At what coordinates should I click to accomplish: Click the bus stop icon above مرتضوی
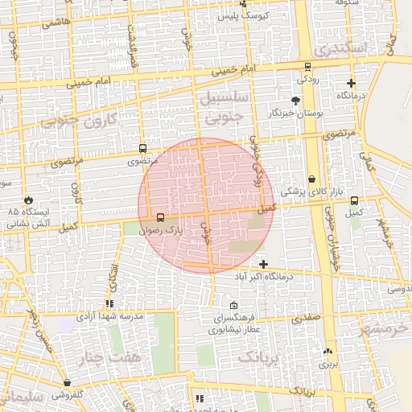point(142,149)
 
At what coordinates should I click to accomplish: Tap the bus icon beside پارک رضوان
point(159,217)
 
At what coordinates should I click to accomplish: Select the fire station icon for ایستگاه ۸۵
point(30,199)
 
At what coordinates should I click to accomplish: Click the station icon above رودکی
point(307,68)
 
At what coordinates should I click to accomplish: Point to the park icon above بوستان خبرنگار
point(295,101)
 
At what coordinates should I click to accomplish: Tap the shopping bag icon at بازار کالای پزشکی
point(312,179)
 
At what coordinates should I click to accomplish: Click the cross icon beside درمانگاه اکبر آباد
point(263,264)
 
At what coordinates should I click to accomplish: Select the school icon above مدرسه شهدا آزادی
point(109,303)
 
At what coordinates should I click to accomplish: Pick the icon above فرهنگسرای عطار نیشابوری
point(233,305)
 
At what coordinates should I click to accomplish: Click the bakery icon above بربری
point(328,351)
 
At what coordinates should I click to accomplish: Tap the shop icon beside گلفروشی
point(66,382)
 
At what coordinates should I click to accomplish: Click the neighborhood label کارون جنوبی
point(77,122)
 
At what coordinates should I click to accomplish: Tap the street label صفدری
point(307,318)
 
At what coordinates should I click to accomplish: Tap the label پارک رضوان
point(187,229)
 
